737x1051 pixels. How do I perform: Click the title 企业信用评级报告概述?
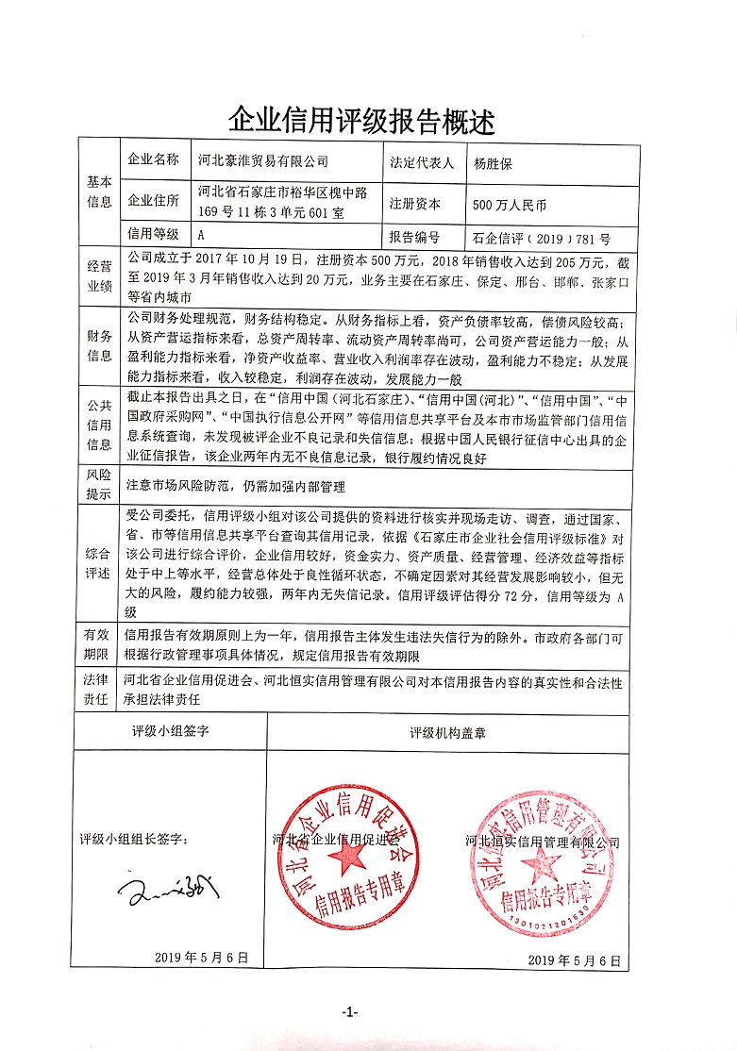tap(361, 120)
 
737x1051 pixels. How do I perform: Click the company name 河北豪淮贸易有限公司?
tap(264, 161)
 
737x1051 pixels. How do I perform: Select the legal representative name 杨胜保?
tap(496, 161)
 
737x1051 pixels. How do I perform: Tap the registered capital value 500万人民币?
tap(510, 203)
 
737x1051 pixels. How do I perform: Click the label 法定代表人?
tap(421, 161)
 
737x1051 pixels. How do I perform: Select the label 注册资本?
tap(414, 203)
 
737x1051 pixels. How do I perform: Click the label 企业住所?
tap(153, 202)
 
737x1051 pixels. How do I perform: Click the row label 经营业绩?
tap(100, 277)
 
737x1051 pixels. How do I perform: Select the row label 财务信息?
tap(100, 345)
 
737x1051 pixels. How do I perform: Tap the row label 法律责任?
tap(100, 692)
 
